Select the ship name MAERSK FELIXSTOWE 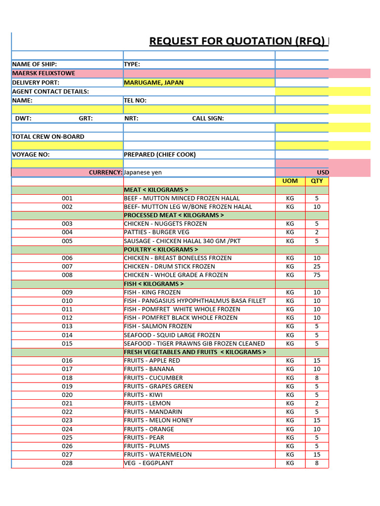coord(44,73)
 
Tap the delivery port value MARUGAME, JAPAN coord(153,83)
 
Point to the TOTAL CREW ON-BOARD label coord(48,136)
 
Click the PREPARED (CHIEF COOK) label coord(160,155)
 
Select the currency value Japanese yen coord(142,172)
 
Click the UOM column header coord(290,181)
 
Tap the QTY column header coord(317,181)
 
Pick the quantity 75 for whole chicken coord(317,275)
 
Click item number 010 coord(67,301)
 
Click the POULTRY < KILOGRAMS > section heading coord(161,250)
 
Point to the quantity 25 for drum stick coord(317,267)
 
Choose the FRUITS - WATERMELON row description coord(158,455)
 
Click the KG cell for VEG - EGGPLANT coord(290,463)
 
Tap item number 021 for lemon coord(67,403)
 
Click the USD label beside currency coord(323,172)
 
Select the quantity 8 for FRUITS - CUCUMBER coord(317,378)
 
